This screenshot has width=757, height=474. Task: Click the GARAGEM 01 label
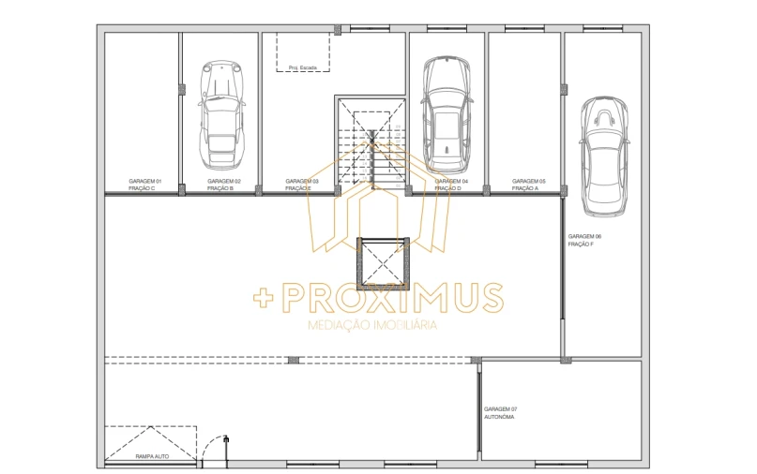point(145,181)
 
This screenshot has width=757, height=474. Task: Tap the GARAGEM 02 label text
point(224,181)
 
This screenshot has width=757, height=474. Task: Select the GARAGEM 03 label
point(303,181)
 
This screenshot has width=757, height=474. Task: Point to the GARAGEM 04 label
point(451,181)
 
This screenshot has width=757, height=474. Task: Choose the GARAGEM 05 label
point(529,181)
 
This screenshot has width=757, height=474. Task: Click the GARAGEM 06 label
point(585,236)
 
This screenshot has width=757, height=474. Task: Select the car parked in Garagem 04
point(447,111)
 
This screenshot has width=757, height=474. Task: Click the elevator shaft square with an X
point(381,263)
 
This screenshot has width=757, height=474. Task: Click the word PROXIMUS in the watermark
point(394,299)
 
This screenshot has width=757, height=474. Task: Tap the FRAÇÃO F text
point(581,244)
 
